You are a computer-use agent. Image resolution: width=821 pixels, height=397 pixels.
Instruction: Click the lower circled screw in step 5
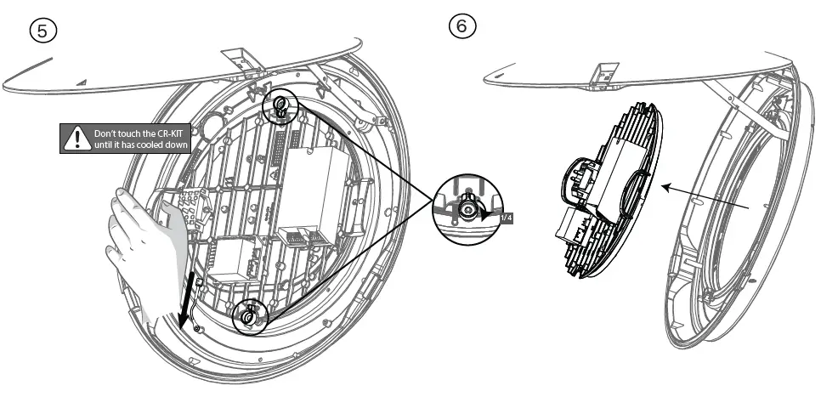coord(247,315)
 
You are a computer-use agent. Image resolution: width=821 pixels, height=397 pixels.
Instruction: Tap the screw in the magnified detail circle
coord(468,207)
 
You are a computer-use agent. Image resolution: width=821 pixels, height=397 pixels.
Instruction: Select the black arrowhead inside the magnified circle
coord(487,216)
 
